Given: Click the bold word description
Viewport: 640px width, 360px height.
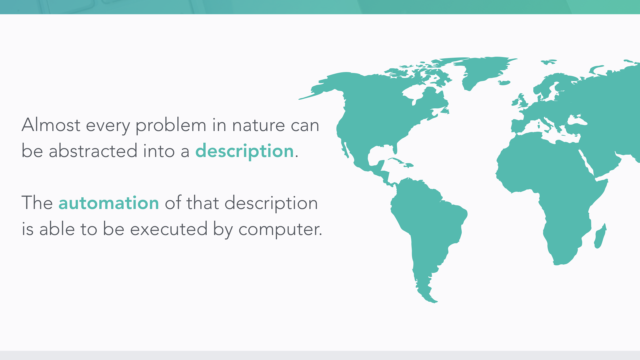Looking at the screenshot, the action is point(244,151).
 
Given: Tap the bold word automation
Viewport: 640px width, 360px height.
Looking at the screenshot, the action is point(109,203).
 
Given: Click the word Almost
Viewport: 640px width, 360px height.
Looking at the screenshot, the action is point(51,125).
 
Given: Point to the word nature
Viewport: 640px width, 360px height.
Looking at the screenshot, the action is point(259,126).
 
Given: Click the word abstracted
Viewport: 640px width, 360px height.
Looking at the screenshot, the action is point(93,151).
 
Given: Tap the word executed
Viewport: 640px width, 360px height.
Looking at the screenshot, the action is point(169,229).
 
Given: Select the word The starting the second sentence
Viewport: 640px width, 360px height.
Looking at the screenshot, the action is point(37,203).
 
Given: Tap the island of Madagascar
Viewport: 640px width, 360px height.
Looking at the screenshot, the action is point(600,236).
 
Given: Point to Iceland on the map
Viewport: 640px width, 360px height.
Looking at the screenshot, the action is point(504,83).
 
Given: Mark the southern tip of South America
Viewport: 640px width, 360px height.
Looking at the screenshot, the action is point(433,302).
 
